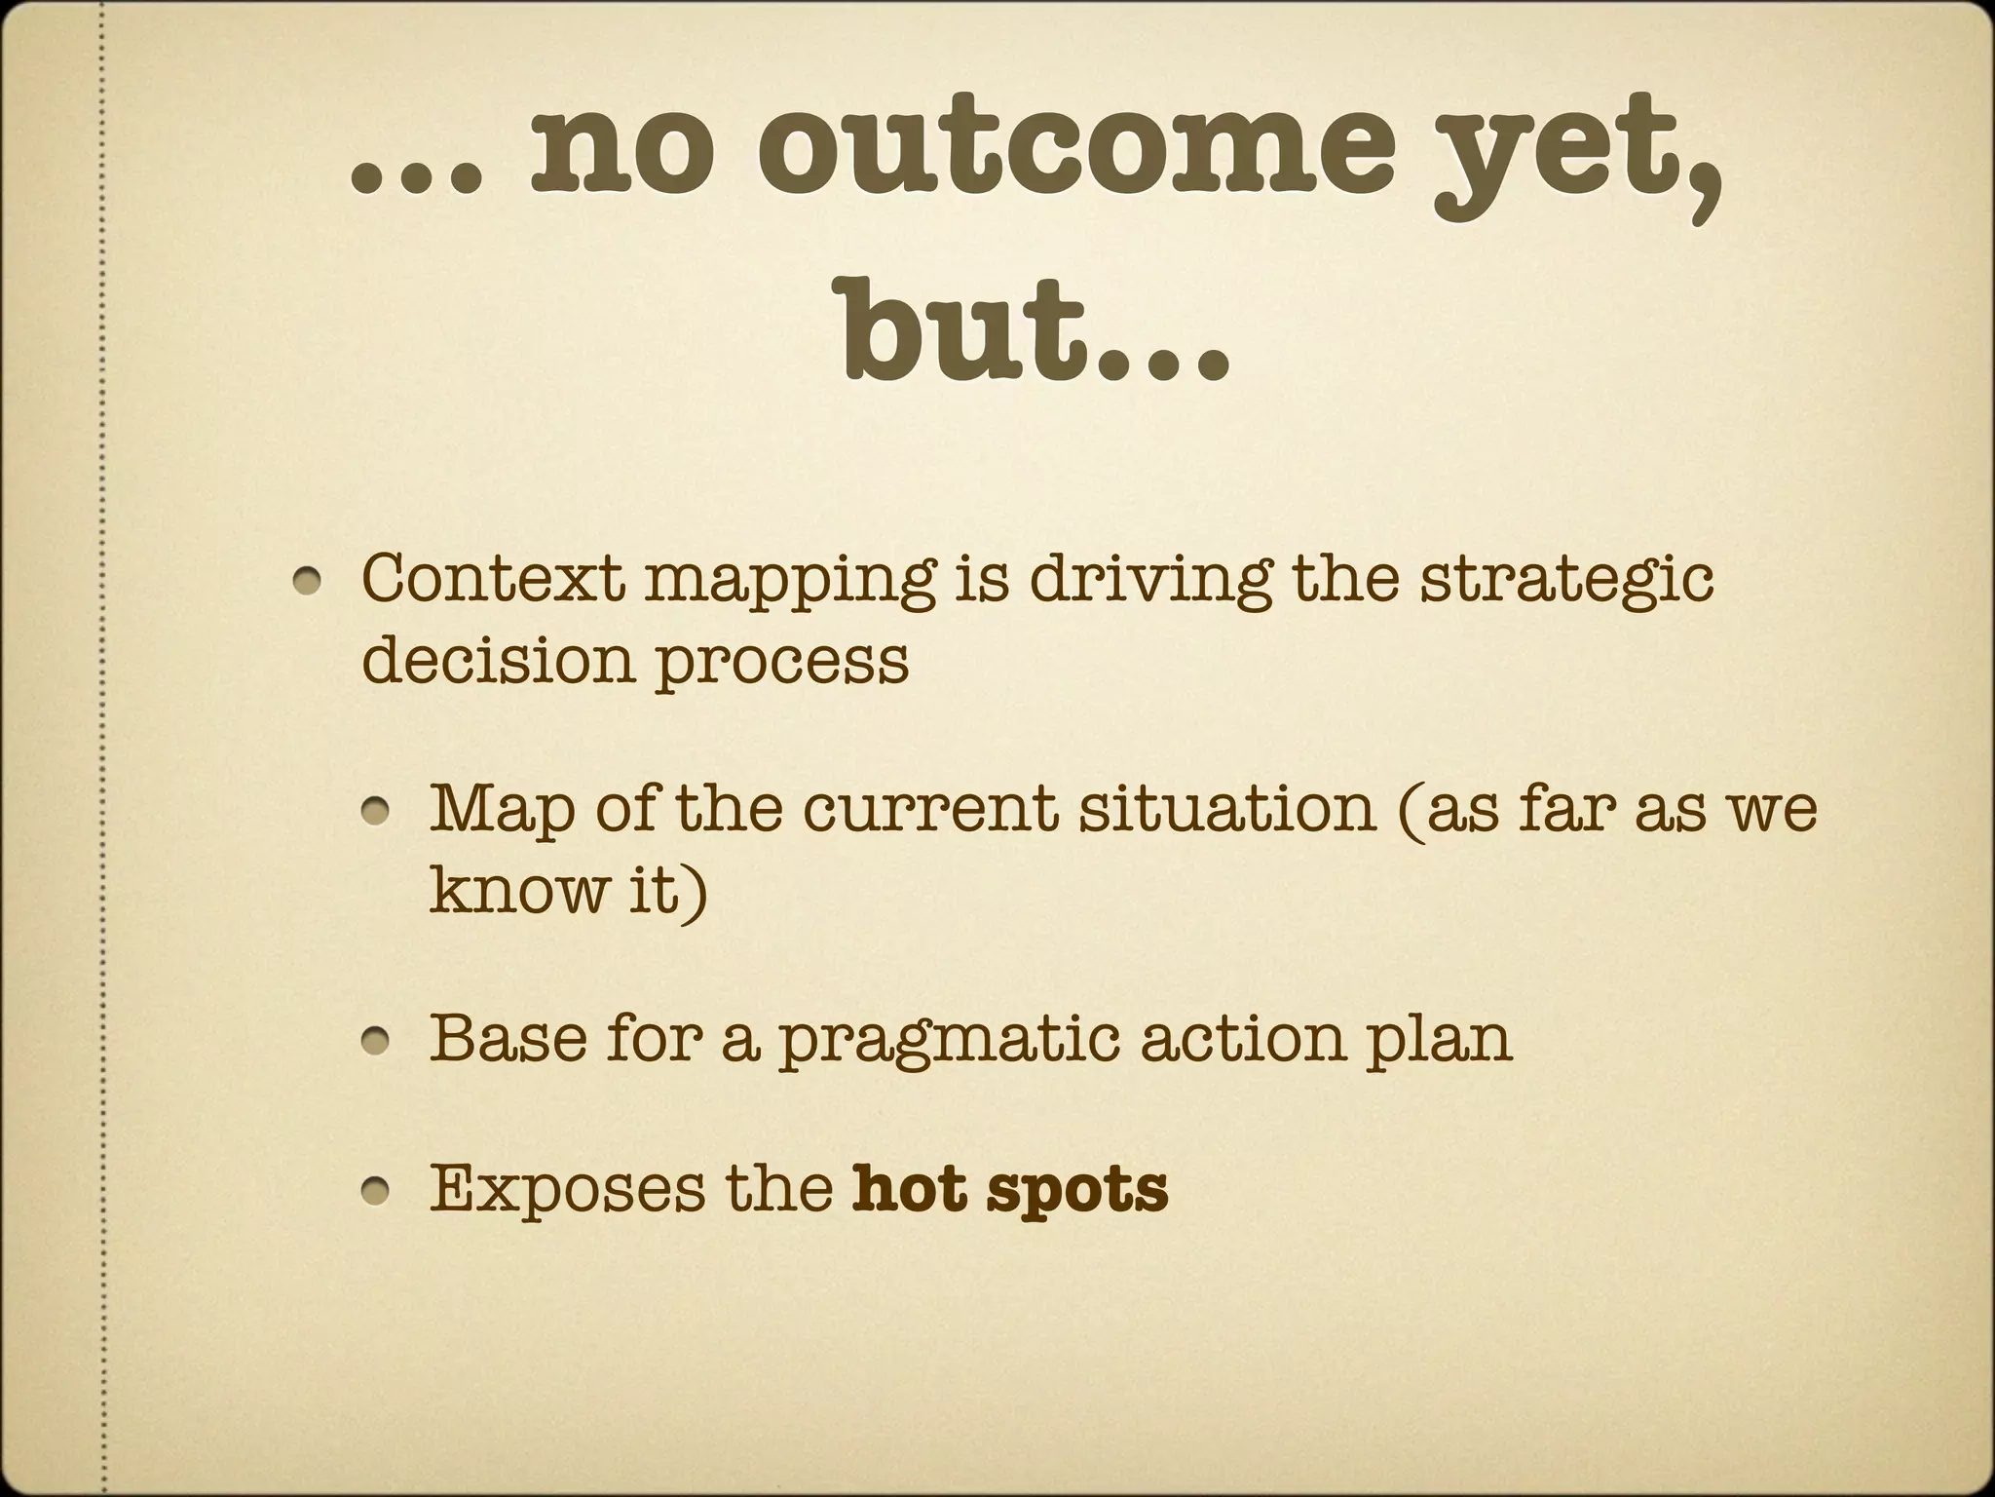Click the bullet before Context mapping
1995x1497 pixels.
[x=311, y=582]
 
